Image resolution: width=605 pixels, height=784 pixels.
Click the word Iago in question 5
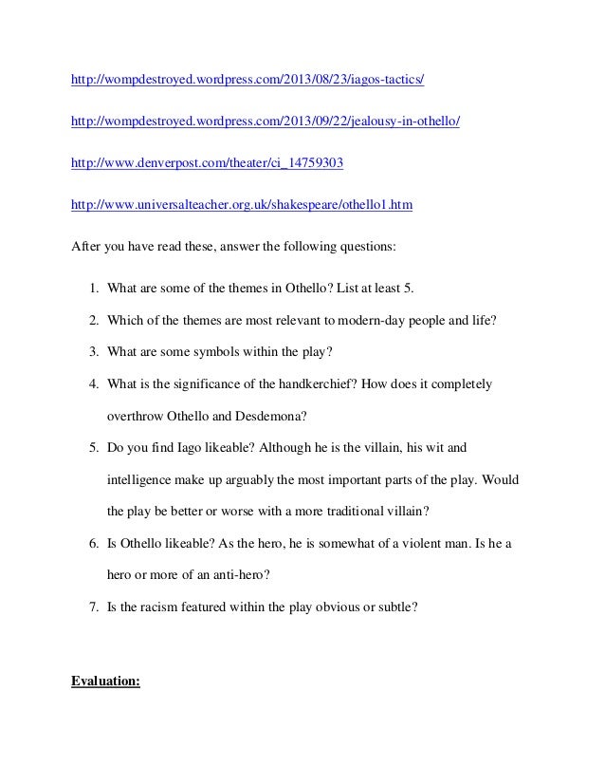click(180, 444)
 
